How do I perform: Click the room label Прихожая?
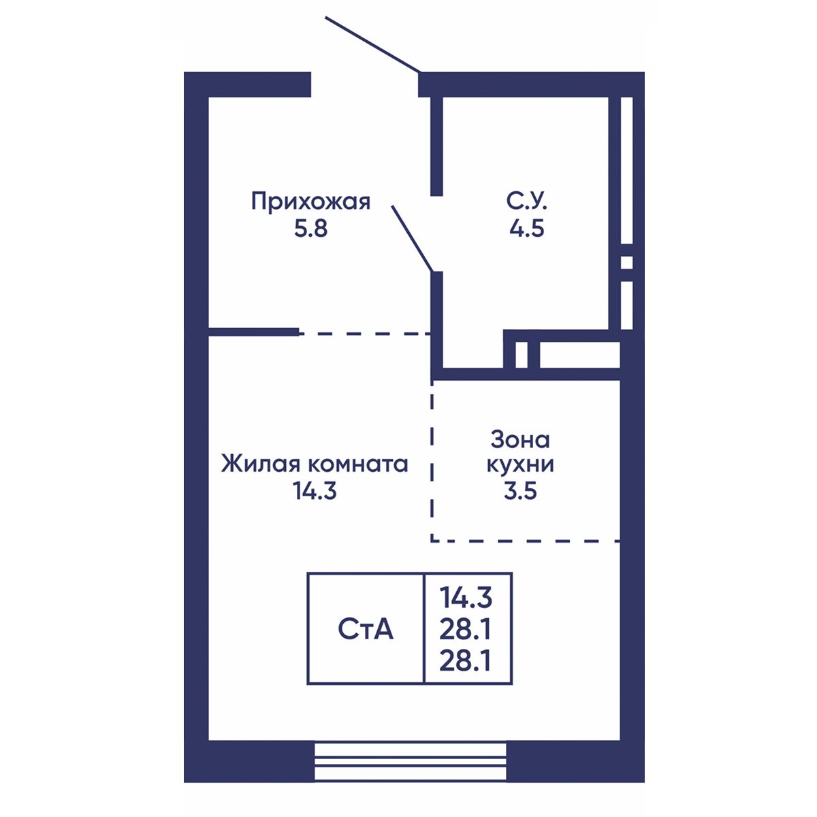click(310, 202)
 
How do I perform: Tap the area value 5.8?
click(310, 229)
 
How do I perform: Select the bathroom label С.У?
click(526, 202)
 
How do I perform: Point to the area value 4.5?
click(526, 229)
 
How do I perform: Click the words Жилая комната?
click(314, 464)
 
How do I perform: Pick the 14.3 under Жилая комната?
click(314, 492)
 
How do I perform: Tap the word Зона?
click(520, 440)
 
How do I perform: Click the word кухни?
click(520, 465)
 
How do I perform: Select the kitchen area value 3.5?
click(520, 492)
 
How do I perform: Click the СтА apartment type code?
click(366, 630)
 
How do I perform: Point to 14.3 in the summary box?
click(466, 598)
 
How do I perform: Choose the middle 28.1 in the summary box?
click(466, 630)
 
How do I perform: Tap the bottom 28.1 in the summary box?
click(466, 661)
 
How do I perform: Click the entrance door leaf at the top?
click(372, 44)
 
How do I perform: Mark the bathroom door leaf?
click(412, 238)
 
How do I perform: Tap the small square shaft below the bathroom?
click(521, 355)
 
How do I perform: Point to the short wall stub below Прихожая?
click(253, 332)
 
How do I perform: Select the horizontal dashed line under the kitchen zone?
click(526, 541)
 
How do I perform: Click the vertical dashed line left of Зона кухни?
click(432, 461)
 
